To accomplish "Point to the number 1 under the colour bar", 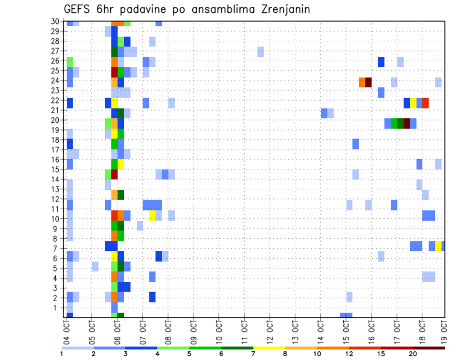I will [x=62, y=354].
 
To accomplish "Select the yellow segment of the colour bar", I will [x=269, y=347].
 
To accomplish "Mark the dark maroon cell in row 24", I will [x=368, y=82].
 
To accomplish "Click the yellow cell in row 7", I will [x=438, y=246].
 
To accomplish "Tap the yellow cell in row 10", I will [x=152, y=215].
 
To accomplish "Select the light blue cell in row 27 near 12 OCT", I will [x=261, y=51].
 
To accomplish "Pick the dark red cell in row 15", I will [x=115, y=174].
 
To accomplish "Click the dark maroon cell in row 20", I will [x=407, y=123].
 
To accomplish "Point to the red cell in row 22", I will [x=425, y=103].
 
